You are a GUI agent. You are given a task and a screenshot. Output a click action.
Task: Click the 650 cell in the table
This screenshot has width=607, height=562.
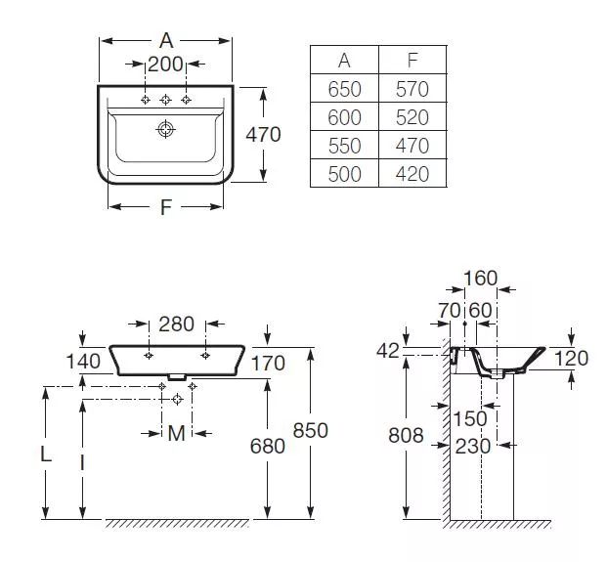344,88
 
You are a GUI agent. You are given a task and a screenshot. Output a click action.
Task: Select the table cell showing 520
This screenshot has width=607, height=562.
412,116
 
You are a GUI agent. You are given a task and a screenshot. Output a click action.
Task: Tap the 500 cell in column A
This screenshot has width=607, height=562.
344,173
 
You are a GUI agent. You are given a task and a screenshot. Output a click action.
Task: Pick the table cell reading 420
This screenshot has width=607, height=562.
412,173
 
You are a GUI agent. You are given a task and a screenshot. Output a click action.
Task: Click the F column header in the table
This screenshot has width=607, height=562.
412,60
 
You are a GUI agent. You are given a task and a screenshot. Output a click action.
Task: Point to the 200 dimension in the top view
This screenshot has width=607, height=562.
165,64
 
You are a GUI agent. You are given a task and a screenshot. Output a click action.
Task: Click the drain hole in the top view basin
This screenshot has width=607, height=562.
166,129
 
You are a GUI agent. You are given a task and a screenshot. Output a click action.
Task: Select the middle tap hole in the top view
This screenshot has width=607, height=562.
166,100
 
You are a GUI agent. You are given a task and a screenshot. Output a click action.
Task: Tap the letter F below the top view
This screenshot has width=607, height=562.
166,207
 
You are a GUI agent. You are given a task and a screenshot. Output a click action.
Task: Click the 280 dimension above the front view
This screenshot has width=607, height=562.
177,324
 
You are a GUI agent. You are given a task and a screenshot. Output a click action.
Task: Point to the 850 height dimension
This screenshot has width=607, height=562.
311,430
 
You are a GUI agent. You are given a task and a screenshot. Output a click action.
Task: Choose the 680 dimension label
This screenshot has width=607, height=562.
268,446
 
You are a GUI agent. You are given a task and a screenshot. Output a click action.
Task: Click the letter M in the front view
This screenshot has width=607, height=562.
177,433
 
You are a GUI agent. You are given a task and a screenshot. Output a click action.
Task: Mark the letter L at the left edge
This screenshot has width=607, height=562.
46,454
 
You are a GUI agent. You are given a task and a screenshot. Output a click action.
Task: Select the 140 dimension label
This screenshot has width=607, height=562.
83,362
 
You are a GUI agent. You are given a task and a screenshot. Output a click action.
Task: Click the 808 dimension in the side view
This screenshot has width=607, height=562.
406,436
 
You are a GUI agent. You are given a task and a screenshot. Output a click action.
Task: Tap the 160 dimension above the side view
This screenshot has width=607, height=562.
480,278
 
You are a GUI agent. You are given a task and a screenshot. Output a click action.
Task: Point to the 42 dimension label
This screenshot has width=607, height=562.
388,351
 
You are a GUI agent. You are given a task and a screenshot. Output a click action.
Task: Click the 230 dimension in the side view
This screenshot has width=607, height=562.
473,447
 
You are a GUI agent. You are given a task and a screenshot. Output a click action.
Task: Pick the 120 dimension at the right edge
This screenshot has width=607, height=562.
572,359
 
